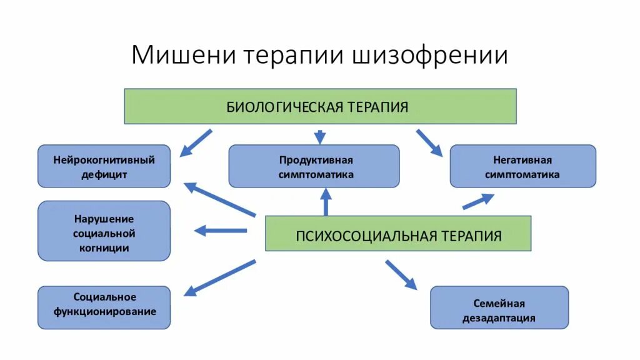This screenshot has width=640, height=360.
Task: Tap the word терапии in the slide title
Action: point(291,55)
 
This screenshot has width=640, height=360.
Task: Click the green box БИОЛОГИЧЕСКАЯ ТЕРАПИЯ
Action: point(320,106)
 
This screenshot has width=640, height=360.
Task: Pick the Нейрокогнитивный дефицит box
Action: point(104,166)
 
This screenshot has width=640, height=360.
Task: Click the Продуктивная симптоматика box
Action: point(314,166)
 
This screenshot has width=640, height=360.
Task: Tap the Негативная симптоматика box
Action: point(522,166)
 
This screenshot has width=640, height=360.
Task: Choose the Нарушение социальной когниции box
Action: point(104,231)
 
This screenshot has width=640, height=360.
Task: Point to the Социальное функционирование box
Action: point(104,307)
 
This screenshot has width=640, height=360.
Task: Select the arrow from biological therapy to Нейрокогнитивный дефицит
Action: point(196,142)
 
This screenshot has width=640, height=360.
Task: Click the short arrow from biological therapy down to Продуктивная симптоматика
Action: point(320,136)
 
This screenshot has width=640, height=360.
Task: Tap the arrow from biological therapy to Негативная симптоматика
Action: point(429,142)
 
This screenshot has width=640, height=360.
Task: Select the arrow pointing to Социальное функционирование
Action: point(221,277)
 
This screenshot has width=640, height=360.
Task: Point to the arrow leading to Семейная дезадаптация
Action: point(401,274)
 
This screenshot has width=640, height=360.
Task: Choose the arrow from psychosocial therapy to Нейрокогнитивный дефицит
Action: point(221,199)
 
